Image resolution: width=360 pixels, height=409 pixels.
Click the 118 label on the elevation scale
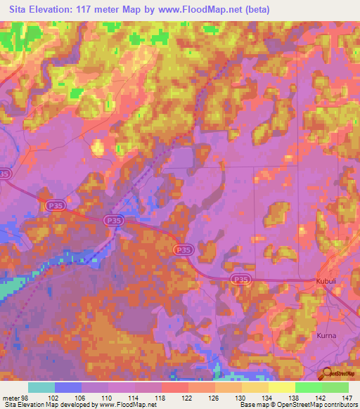tap(162, 397)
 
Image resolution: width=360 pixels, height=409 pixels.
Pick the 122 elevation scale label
tap(188, 397)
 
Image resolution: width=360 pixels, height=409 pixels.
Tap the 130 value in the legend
tap(242, 397)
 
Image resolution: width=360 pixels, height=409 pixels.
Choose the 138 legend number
tap(295, 397)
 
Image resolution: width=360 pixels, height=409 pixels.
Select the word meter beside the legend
tap(9, 397)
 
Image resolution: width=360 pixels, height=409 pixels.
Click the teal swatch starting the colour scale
tap(41, 387)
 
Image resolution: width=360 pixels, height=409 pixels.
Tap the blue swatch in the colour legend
tap(68, 387)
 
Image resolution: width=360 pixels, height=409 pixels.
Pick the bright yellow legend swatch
tap(281, 387)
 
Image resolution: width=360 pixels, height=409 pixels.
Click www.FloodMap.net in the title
tap(204, 9)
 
